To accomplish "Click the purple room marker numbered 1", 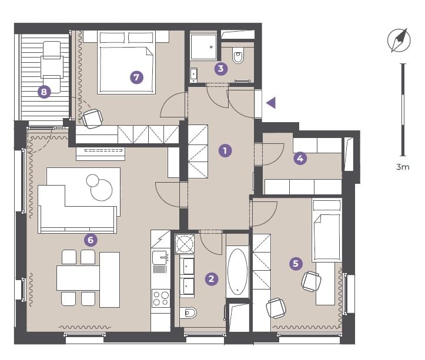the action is click(225, 150).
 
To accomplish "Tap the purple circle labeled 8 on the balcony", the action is click(44, 92).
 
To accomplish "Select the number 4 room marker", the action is click(300, 158).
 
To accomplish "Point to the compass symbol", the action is click(399, 40).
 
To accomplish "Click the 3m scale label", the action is click(403, 167).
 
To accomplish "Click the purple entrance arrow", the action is click(271, 103).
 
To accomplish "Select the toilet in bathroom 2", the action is click(188, 313).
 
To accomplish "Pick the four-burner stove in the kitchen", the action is click(160, 298).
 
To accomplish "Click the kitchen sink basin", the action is click(159, 257).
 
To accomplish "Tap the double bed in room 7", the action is click(126, 62).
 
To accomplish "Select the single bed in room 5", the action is click(327, 230).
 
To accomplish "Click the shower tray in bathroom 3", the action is click(203, 46).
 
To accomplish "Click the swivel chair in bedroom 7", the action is click(92, 119).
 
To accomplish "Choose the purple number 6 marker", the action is click(91, 240).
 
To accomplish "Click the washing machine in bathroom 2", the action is click(185, 244).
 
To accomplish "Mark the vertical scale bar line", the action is click(403, 110).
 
